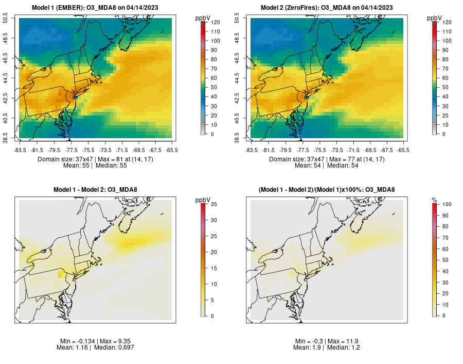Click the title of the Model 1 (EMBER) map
96,7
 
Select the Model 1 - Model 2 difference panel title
95,190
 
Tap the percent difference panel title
327,190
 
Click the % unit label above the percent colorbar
435,200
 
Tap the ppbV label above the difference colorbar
203,200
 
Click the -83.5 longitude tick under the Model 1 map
20,150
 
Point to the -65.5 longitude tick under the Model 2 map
404,150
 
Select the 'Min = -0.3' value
309,341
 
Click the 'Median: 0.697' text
114,348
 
